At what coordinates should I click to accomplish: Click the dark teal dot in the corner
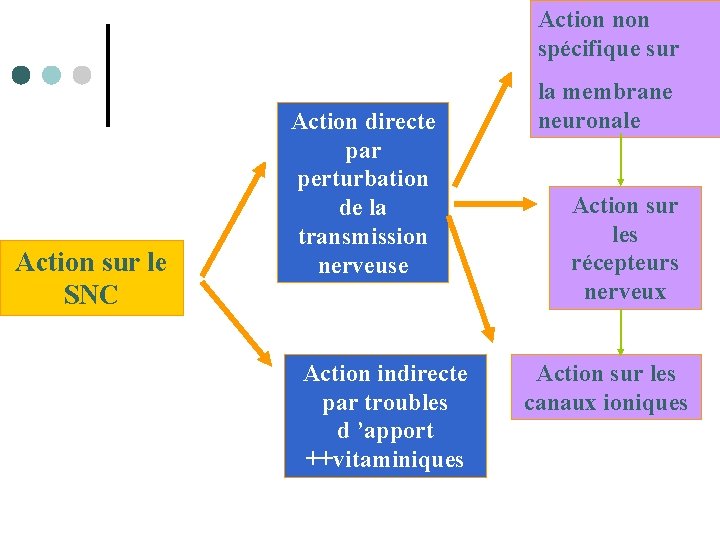pos(21,75)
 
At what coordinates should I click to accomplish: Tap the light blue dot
pos(51,75)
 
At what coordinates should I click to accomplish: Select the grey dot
pos(82,75)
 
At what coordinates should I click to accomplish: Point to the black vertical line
pos(108,75)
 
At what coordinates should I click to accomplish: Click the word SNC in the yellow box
pos(91,294)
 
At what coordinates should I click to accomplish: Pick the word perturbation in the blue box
pos(363,180)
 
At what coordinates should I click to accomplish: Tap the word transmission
pos(363,237)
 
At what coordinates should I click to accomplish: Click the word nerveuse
pos(363,266)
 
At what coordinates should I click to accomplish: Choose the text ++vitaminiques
pos(385,460)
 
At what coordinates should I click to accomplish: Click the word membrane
pos(617,92)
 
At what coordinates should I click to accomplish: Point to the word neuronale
pos(589,121)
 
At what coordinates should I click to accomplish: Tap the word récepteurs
pos(625,264)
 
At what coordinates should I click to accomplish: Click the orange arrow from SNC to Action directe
pos(233,219)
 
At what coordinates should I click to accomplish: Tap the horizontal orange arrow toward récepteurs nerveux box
pos(495,204)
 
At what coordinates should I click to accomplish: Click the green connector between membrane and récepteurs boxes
pos(620,160)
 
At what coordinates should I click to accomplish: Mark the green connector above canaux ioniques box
pos(620,332)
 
